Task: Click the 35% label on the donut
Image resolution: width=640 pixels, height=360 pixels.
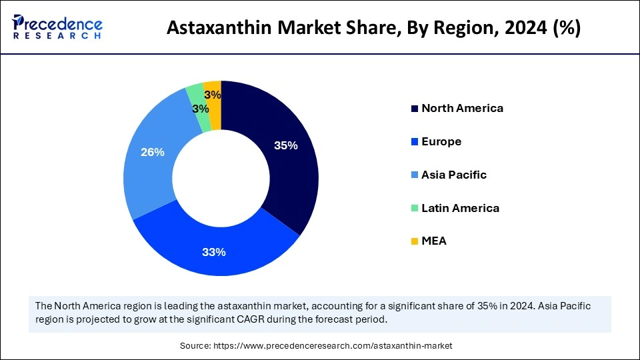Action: pyautogui.click(x=285, y=145)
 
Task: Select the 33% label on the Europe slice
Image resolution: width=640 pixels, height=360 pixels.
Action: pyautogui.click(x=214, y=252)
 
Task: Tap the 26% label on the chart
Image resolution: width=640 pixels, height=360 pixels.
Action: pyautogui.click(x=152, y=152)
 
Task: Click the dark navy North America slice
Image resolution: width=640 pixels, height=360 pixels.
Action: pyautogui.click(x=280, y=173)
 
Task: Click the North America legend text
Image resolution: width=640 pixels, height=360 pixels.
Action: pyautogui.click(x=462, y=108)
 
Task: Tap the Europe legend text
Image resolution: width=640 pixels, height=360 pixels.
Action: pyautogui.click(x=441, y=141)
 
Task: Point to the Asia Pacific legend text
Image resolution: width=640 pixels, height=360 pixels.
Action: pyautogui.click(x=454, y=175)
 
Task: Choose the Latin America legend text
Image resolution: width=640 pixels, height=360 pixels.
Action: pyautogui.click(x=460, y=208)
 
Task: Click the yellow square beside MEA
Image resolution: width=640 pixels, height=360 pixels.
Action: pyautogui.click(x=414, y=241)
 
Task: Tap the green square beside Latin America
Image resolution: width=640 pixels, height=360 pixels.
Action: pyautogui.click(x=414, y=209)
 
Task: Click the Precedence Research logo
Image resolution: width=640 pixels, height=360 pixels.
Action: pyautogui.click(x=57, y=27)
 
